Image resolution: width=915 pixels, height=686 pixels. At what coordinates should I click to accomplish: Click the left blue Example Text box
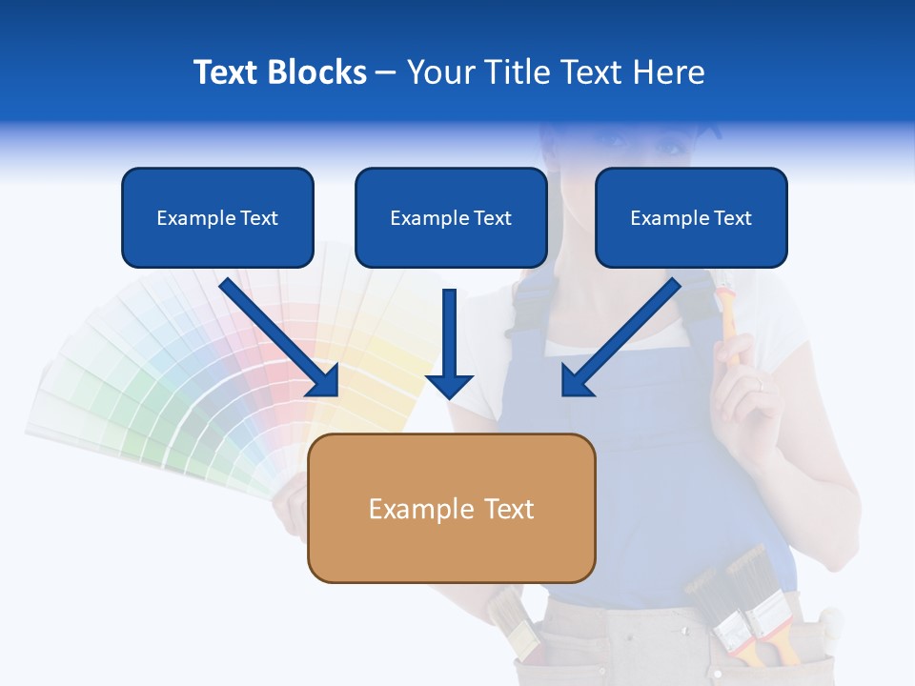click(x=217, y=218)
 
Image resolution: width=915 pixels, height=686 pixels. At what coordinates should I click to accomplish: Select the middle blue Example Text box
click(x=451, y=218)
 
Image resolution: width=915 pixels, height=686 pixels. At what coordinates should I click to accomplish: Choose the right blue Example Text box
click(x=691, y=218)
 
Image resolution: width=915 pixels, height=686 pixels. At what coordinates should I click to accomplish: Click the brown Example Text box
click(x=451, y=509)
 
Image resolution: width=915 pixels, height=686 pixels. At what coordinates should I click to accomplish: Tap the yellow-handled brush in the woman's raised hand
click(x=730, y=324)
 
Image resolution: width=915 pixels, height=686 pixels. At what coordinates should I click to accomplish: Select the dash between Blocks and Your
click(x=386, y=72)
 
